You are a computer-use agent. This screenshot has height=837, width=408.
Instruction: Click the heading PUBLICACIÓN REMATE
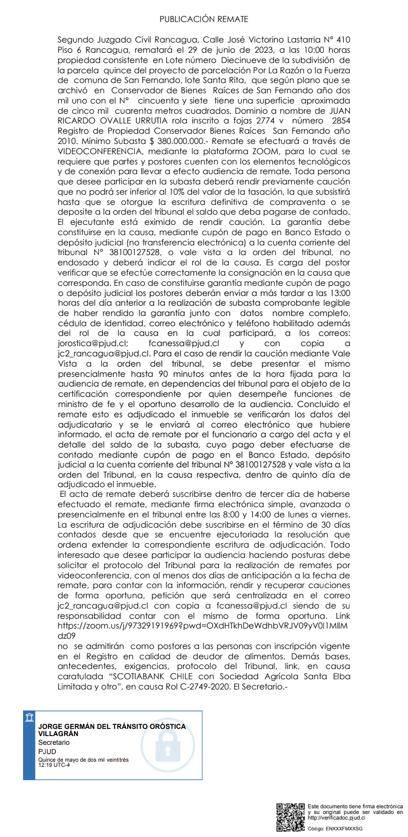203,19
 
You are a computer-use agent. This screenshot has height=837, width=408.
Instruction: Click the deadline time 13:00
339,293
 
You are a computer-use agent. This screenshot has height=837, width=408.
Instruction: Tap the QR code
291,817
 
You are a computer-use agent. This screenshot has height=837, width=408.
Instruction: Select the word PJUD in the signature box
47,751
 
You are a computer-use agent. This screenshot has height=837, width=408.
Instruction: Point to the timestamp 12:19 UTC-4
55,765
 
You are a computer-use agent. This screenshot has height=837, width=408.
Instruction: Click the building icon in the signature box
29,717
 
